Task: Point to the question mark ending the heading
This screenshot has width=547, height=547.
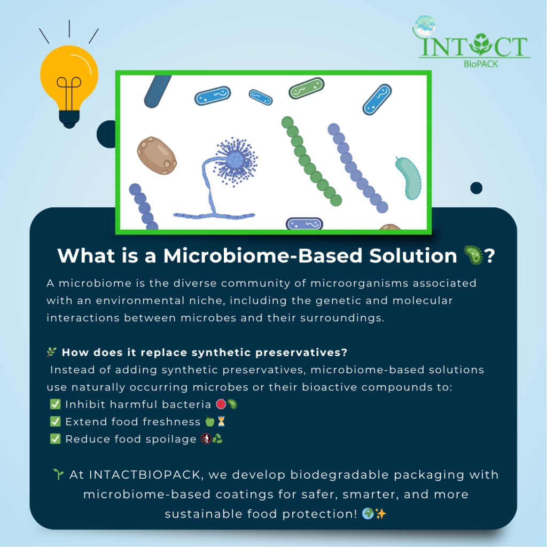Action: (x=489, y=256)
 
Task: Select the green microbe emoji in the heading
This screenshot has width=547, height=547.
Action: (x=473, y=255)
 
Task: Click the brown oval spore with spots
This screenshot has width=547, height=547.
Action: (x=157, y=155)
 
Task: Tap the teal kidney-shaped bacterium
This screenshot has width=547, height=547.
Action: (x=409, y=178)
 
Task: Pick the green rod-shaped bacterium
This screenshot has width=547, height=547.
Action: (x=306, y=88)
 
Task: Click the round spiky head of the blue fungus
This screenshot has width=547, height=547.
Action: (x=236, y=161)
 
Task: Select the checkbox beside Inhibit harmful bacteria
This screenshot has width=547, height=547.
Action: (x=55, y=404)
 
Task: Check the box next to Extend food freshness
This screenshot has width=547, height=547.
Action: (x=55, y=421)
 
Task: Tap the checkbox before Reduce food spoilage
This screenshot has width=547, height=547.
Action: (x=55, y=439)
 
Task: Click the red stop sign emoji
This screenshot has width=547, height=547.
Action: (x=221, y=404)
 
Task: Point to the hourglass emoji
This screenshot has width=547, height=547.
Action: (x=222, y=421)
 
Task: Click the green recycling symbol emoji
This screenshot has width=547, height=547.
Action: (x=217, y=439)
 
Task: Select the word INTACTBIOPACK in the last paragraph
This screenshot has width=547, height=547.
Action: (x=145, y=475)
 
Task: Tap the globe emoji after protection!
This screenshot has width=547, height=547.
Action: (x=368, y=513)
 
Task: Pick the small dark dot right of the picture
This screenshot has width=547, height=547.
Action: (x=476, y=188)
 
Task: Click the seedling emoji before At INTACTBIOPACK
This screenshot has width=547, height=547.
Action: (x=59, y=474)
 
